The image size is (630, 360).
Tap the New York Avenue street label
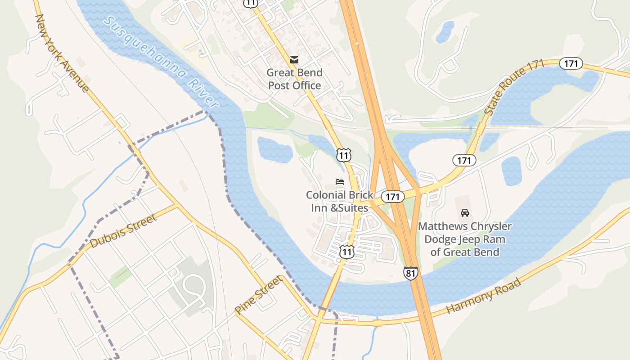(x=62, y=53)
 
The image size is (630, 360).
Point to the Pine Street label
(x=259, y=295)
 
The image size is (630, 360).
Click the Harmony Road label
(x=483, y=296)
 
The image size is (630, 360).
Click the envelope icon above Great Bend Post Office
(x=294, y=59)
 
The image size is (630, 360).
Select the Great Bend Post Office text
(x=294, y=79)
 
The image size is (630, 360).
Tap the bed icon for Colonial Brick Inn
(x=340, y=182)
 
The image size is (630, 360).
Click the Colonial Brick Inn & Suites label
(x=340, y=201)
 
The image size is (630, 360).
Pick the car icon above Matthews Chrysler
(x=465, y=213)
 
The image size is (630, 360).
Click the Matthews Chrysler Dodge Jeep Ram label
(x=465, y=239)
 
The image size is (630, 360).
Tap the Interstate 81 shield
(x=410, y=273)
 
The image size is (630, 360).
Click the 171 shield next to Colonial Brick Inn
(x=392, y=197)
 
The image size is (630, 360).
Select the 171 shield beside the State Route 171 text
(x=571, y=64)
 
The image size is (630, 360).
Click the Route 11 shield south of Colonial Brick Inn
(x=346, y=252)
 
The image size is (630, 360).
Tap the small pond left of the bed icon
(x=274, y=150)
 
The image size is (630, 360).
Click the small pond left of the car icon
(x=511, y=171)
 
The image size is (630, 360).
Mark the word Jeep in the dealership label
(x=470, y=239)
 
